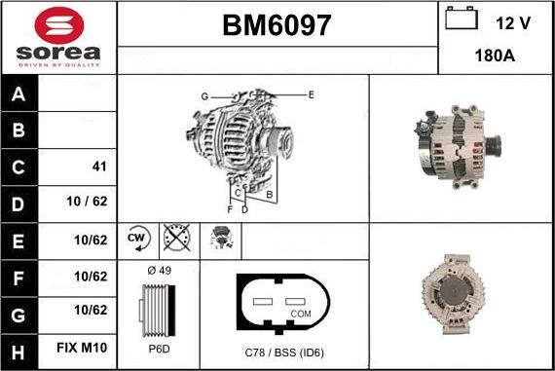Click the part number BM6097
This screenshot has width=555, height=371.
tap(277, 26)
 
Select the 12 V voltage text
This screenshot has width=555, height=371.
tap(512, 21)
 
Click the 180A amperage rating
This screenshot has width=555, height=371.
tap(495, 56)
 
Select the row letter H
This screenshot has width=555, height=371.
tap(19, 348)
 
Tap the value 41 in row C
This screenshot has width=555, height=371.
tap(98, 167)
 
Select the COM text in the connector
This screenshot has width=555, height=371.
tap(301, 314)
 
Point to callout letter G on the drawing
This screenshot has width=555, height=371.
tap(204, 96)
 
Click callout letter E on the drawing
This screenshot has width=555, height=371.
tap(311, 94)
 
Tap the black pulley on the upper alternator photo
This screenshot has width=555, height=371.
tap(491, 148)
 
